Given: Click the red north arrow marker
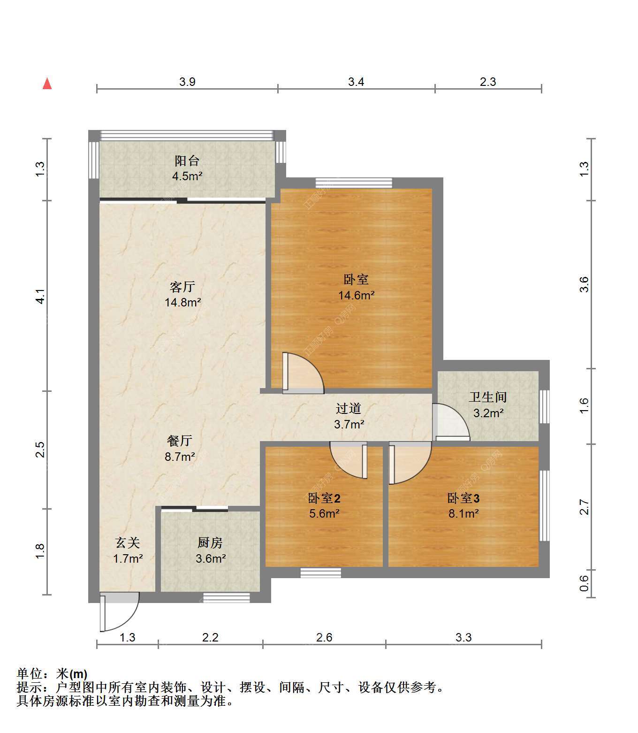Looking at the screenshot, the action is coord(47,84).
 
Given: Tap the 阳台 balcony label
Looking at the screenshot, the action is coord(187,160).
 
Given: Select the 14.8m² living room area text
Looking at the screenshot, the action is coord(183,302).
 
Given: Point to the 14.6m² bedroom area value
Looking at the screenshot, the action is coord(357,295).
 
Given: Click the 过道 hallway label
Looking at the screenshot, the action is coord(349,408).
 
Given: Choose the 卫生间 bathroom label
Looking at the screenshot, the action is coord(488,397).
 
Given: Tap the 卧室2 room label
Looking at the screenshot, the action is coord(324,498).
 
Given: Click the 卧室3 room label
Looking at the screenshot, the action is coord(463,498).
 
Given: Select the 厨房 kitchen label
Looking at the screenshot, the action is coord(210,543).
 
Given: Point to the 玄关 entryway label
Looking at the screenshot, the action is coord(128,543).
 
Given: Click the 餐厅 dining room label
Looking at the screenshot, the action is coord(180,441).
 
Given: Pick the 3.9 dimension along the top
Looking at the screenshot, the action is coord(187,82).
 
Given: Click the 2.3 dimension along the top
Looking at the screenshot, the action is coord(488,82).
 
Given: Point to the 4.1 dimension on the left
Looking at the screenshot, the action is coord(40,297).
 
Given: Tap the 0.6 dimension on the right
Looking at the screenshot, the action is coord(584,583).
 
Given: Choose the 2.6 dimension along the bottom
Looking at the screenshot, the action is coord(324,637).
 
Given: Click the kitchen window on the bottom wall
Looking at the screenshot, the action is coord(227,597).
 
